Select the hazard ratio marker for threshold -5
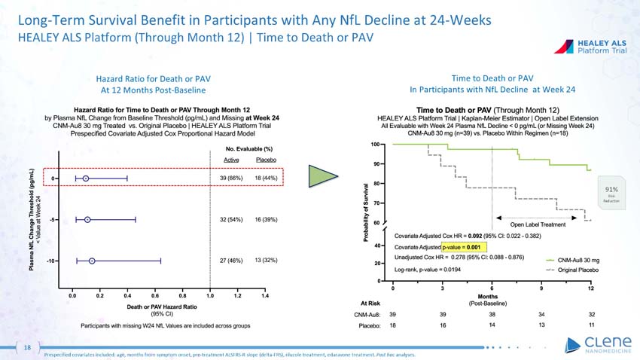pyautogui.click(x=87, y=219)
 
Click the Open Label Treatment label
pyautogui.click(x=540, y=224)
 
